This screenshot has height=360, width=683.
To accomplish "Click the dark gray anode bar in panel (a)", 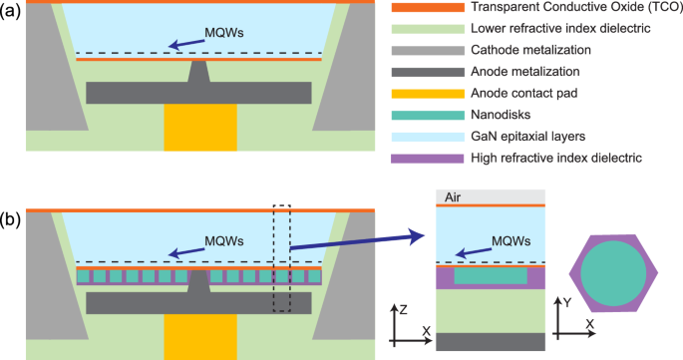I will (x=199, y=93).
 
